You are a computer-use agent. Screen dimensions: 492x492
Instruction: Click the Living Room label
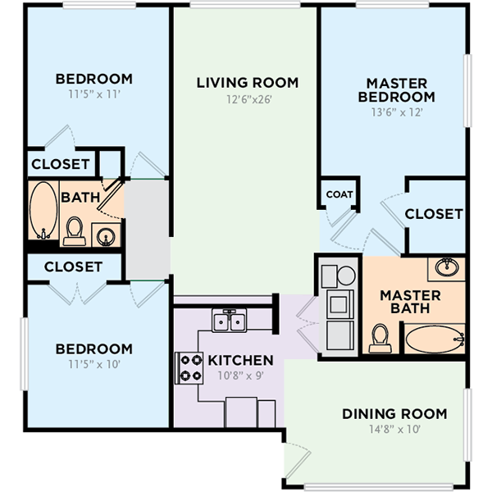[x=248, y=83]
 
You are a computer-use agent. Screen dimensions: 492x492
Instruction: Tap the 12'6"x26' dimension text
[x=248, y=99]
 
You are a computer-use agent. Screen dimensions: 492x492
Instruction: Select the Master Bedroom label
[x=397, y=90]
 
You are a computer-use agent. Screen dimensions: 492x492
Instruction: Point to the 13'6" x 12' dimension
[x=397, y=112]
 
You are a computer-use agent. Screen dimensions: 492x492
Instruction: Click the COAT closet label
[x=339, y=194]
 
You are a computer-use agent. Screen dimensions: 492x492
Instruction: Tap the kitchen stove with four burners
[x=189, y=367]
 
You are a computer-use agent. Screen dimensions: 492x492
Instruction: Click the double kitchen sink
[x=229, y=320]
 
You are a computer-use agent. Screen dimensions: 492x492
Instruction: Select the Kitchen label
[x=240, y=360]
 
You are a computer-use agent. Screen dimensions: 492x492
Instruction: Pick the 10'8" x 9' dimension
[x=240, y=376]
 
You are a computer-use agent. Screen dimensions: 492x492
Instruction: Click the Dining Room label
[x=394, y=414]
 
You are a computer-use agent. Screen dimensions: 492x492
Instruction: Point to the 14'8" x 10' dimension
[x=394, y=429]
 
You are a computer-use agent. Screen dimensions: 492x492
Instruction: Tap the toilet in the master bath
[x=380, y=338]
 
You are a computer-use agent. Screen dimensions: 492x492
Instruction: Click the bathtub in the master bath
[x=435, y=339]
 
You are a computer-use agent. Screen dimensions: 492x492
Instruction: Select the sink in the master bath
[x=447, y=267]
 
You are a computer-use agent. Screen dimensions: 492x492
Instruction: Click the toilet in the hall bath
[x=75, y=231]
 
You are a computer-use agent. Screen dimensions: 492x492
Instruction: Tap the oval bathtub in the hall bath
[x=43, y=211]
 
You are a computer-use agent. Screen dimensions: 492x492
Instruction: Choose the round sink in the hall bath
[x=106, y=235]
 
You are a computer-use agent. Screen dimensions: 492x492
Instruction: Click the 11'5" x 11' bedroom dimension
[x=94, y=93]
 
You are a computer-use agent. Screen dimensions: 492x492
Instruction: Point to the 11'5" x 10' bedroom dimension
[x=94, y=364]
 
